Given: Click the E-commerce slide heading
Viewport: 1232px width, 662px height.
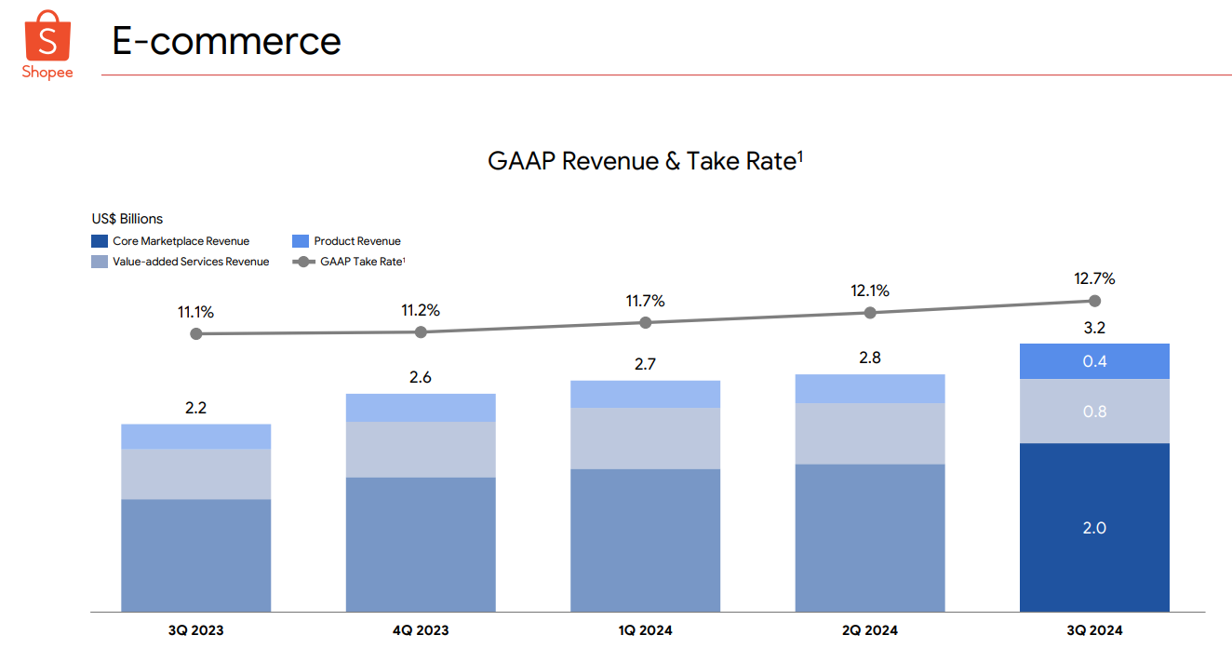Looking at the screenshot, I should pyautogui.click(x=226, y=41).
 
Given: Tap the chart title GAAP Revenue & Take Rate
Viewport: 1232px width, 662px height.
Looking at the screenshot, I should pyautogui.click(x=645, y=161).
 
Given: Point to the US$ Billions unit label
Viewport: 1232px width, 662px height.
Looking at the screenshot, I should pyautogui.click(x=127, y=219).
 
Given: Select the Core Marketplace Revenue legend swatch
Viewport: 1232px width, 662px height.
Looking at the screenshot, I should pyautogui.click(x=100, y=241).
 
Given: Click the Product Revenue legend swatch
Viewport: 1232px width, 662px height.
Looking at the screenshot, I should pyautogui.click(x=301, y=241).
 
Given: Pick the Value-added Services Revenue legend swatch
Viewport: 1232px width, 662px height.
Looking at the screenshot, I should pyautogui.click(x=100, y=262).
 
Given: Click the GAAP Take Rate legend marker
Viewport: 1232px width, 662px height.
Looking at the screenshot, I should pyautogui.click(x=303, y=262).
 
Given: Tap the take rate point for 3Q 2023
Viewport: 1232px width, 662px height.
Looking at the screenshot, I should pyautogui.click(x=195, y=333).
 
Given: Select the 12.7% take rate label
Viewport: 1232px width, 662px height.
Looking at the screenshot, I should pyautogui.click(x=1094, y=278).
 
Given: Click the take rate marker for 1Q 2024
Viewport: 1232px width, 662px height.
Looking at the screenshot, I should pyautogui.click(x=646, y=322).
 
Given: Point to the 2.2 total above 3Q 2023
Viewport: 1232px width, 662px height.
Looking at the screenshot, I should pyautogui.click(x=195, y=407).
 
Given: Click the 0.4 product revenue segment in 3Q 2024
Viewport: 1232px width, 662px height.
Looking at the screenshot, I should pyautogui.click(x=1094, y=361).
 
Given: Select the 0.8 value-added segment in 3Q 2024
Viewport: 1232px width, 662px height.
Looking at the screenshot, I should pyautogui.click(x=1094, y=411).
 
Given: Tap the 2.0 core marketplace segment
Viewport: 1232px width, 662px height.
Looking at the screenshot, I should pyautogui.click(x=1094, y=528).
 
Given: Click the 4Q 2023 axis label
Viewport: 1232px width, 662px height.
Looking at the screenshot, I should pyautogui.click(x=421, y=630).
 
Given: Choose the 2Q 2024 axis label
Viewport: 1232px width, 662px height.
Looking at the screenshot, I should pyautogui.click(x=870, y=630).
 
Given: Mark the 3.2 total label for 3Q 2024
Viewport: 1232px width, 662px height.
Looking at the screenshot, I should pyautogui.click(x=1094, y=328).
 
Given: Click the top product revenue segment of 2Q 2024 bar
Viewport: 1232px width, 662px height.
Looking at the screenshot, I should pyautogui.click(x=870, y=388).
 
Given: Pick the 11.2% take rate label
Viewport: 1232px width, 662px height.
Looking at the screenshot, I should pyautogui.click(x=421, y=310).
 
